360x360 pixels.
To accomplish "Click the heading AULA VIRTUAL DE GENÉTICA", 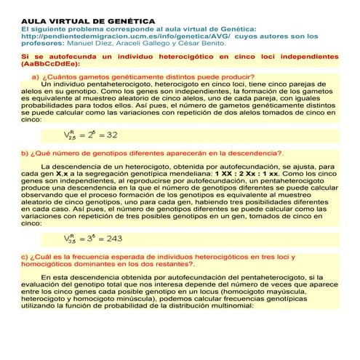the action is (78, 21).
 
